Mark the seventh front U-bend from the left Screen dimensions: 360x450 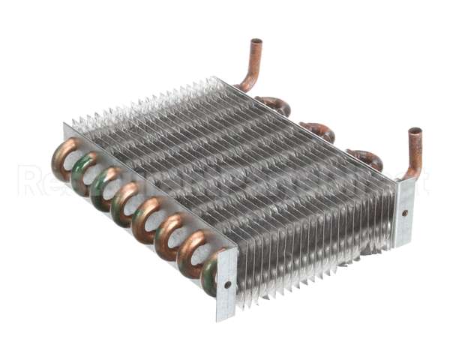pyautogui.click(x=191, y=252)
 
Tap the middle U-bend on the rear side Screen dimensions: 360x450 pyautogui.click(x=318, y=131)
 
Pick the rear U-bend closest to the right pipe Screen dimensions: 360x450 pyautogui.click(x=366, y=158)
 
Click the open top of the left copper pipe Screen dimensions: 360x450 pyautogui.click(x=256, y=42)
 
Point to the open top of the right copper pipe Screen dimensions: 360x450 pyautogui.click(x=415, y=132)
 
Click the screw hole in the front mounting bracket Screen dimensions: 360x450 pyautogui.click(x=227, y=285)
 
